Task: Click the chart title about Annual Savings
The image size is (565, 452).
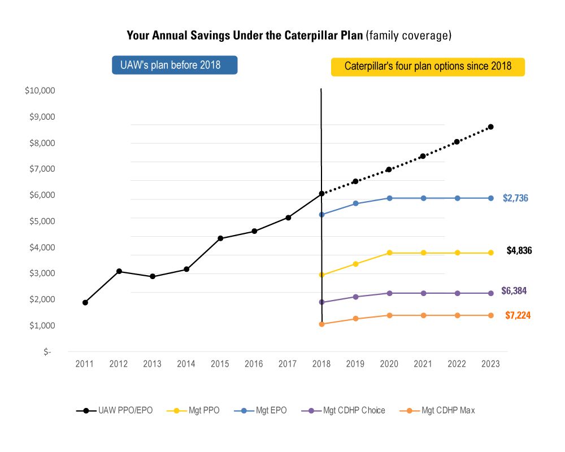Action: click(x=289, y=36)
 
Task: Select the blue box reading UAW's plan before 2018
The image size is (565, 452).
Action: click(x=175, y=65)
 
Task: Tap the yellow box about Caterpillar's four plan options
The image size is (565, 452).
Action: click(x=428, y=66)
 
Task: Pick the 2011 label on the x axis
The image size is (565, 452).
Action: click(x=85, y=364)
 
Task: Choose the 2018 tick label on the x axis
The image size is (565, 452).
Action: click(x=321, y=364)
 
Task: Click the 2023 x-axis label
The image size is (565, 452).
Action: click(x=490, y=364)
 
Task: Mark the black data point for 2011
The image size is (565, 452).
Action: click(x=85, y=303)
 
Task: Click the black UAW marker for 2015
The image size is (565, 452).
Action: click(x=220, y=238)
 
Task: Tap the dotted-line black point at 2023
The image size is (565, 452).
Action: click(x=490, y=127)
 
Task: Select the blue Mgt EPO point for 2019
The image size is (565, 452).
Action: click(x=355, y=203)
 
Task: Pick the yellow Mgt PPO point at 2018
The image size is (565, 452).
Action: click(x=321, y=275)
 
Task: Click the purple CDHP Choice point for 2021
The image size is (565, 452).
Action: click(x=423, y=293)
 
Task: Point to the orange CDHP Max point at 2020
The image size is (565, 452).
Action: click(x=389, y=315)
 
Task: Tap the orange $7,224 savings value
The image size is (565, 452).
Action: click(x=518, y=315)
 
